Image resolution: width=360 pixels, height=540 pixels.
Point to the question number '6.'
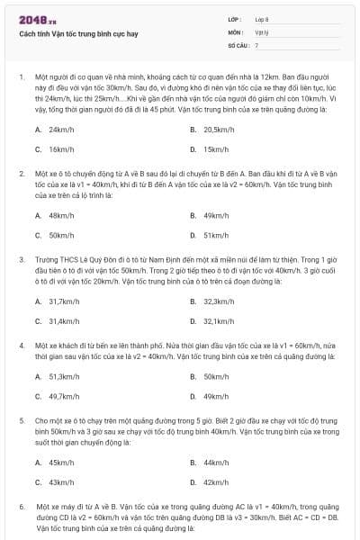click(21, 507)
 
